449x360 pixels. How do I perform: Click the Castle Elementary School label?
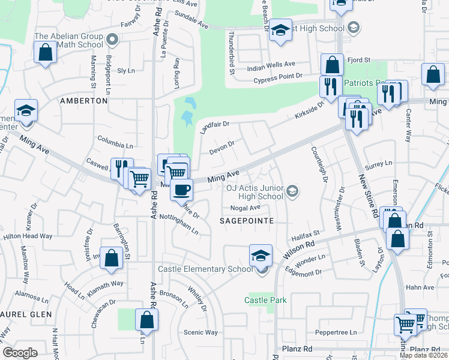tap(205, 269)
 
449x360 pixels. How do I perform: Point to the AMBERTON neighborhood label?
tap(83, 101)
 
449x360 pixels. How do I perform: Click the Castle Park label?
tap(265, 300)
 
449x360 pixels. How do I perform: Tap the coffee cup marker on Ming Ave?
tap(181, 190)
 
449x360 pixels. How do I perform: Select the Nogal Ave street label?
tap(246, 208)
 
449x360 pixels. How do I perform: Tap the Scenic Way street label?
tap(200, 332)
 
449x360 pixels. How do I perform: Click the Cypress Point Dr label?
tap(277, 77)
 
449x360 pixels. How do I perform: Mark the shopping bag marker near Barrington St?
tap(112, 259)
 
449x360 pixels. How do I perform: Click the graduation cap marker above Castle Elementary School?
tap(261, 256)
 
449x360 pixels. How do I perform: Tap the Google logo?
tap(20, 353)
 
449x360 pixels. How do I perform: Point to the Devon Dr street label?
tap(221, 147)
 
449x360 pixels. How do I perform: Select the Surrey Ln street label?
tap(379, 163)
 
